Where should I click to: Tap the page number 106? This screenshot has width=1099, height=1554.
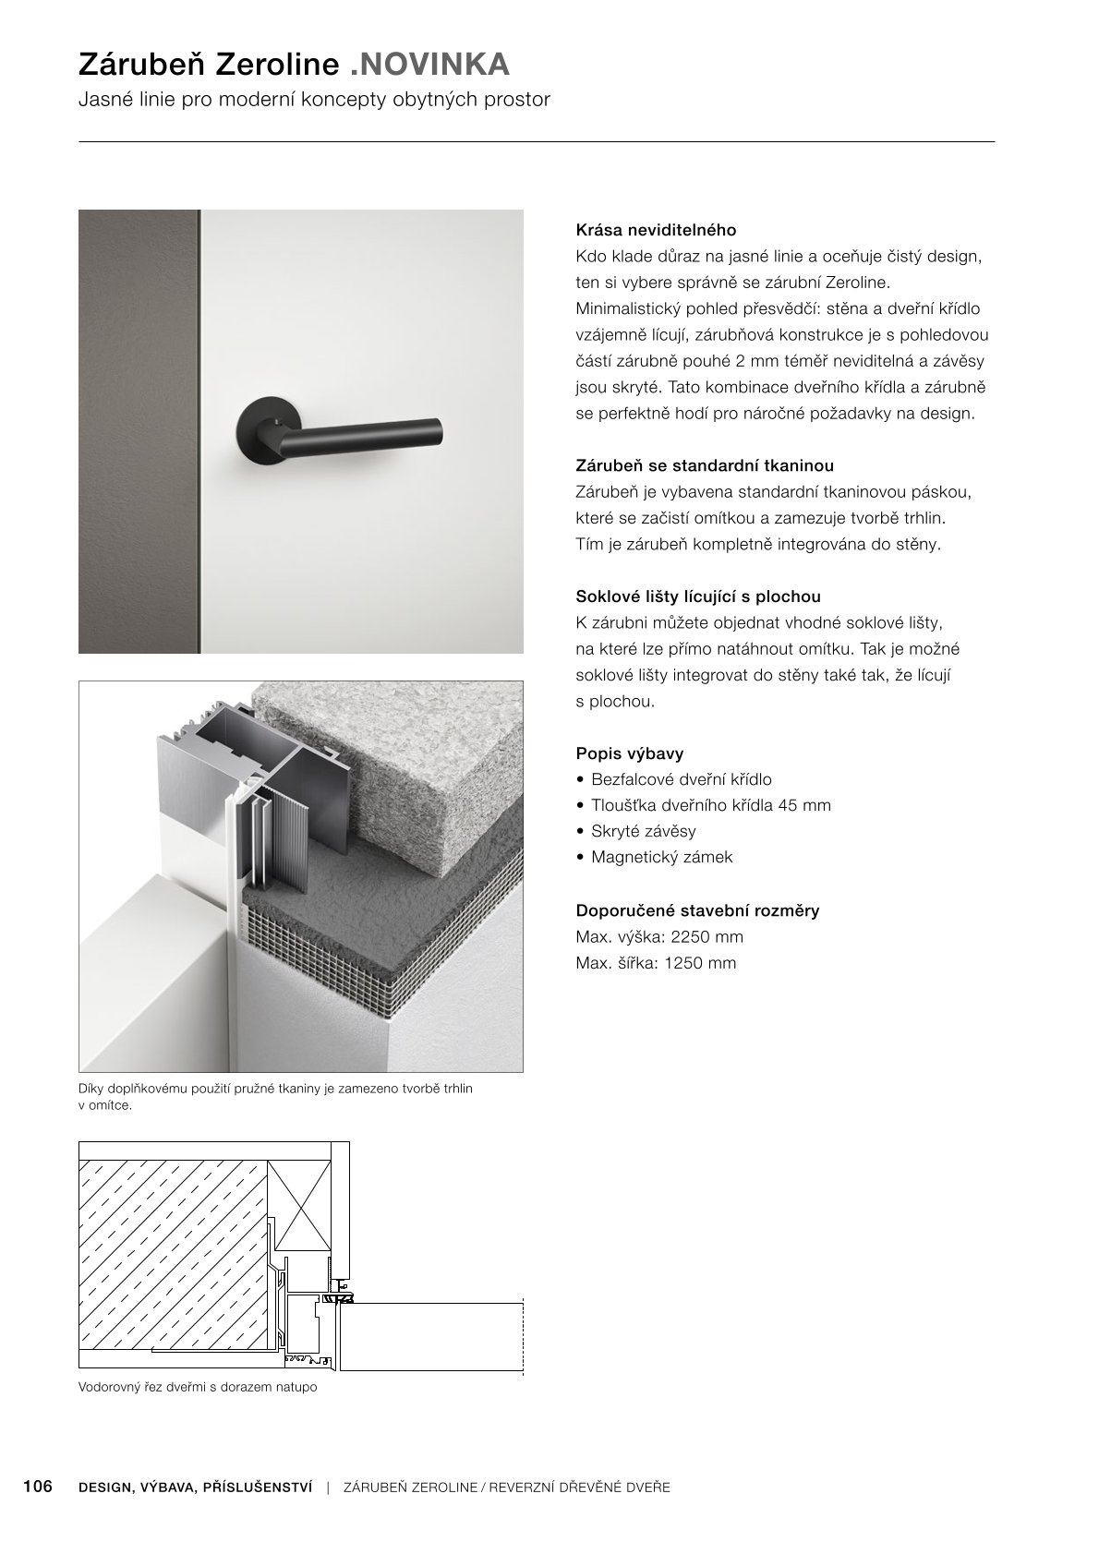(38, 1487)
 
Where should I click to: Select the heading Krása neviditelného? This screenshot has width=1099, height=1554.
(656, 229)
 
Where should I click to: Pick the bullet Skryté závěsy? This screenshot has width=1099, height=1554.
(643, 831)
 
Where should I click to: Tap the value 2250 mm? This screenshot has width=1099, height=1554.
(707, 936)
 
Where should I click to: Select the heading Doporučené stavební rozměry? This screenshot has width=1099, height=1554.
(697, 910)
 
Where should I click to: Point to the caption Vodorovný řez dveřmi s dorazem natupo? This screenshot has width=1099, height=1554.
(198, 1387)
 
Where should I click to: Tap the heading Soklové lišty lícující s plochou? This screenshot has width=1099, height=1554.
(697, 596)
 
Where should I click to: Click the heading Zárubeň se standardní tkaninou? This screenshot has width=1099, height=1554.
(705, 465)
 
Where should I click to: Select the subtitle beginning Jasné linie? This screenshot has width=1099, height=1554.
(314, 99)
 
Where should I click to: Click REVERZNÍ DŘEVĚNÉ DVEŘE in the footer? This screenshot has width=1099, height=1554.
(579, 1488)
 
